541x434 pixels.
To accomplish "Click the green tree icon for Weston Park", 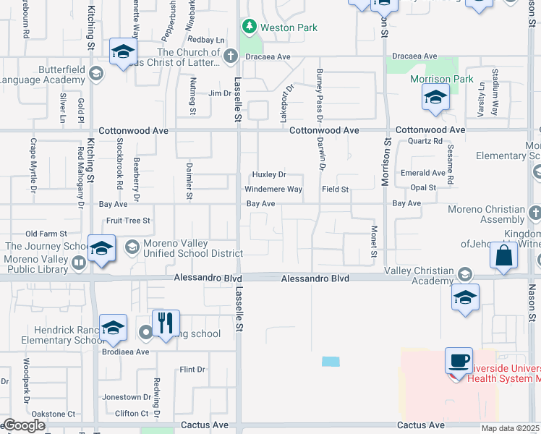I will coord(250,27).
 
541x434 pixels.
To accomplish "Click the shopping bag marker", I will coord(503,255).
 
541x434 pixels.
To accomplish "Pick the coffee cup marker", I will coord(460,359).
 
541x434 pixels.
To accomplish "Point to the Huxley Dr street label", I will coord(269,175).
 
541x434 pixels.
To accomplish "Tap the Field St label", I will coord(336,190).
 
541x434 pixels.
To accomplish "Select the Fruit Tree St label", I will coord(127,220).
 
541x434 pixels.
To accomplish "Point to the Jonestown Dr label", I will coord(126,397).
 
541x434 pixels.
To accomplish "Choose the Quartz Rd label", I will coord(425,142).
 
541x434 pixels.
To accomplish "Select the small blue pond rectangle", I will coord(331,361).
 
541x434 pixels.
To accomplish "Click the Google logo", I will coord(24,425).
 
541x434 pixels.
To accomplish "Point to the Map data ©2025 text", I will coord(511,428).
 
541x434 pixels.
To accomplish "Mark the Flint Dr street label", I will coord(192,370).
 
